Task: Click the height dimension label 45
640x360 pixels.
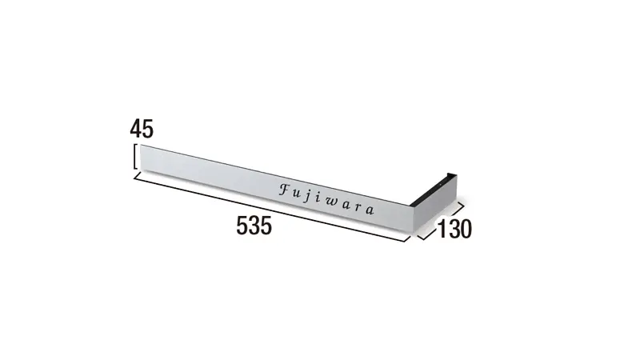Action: click(142, 129)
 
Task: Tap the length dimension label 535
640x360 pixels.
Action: click(254, 226)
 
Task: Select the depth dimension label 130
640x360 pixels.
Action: click(454, 229)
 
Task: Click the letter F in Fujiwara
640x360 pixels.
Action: click(286, 189)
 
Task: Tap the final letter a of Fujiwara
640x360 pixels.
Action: click(370, 210)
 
